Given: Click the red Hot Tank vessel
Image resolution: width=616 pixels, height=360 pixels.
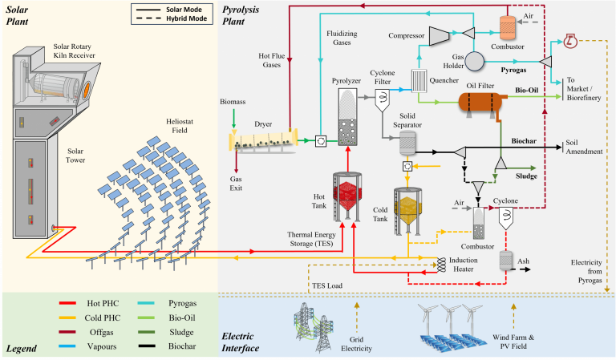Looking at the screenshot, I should point(347,196).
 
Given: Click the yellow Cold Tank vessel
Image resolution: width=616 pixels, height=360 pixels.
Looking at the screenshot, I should point(407,211).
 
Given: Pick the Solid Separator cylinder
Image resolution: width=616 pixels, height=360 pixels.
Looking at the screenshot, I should point(408,143).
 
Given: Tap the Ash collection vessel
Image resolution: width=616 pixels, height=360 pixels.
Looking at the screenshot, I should point(507,261).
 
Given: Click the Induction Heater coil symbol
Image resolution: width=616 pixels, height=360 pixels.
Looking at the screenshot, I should point(440,263).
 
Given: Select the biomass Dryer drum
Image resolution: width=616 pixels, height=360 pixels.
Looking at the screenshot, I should point(265,140).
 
